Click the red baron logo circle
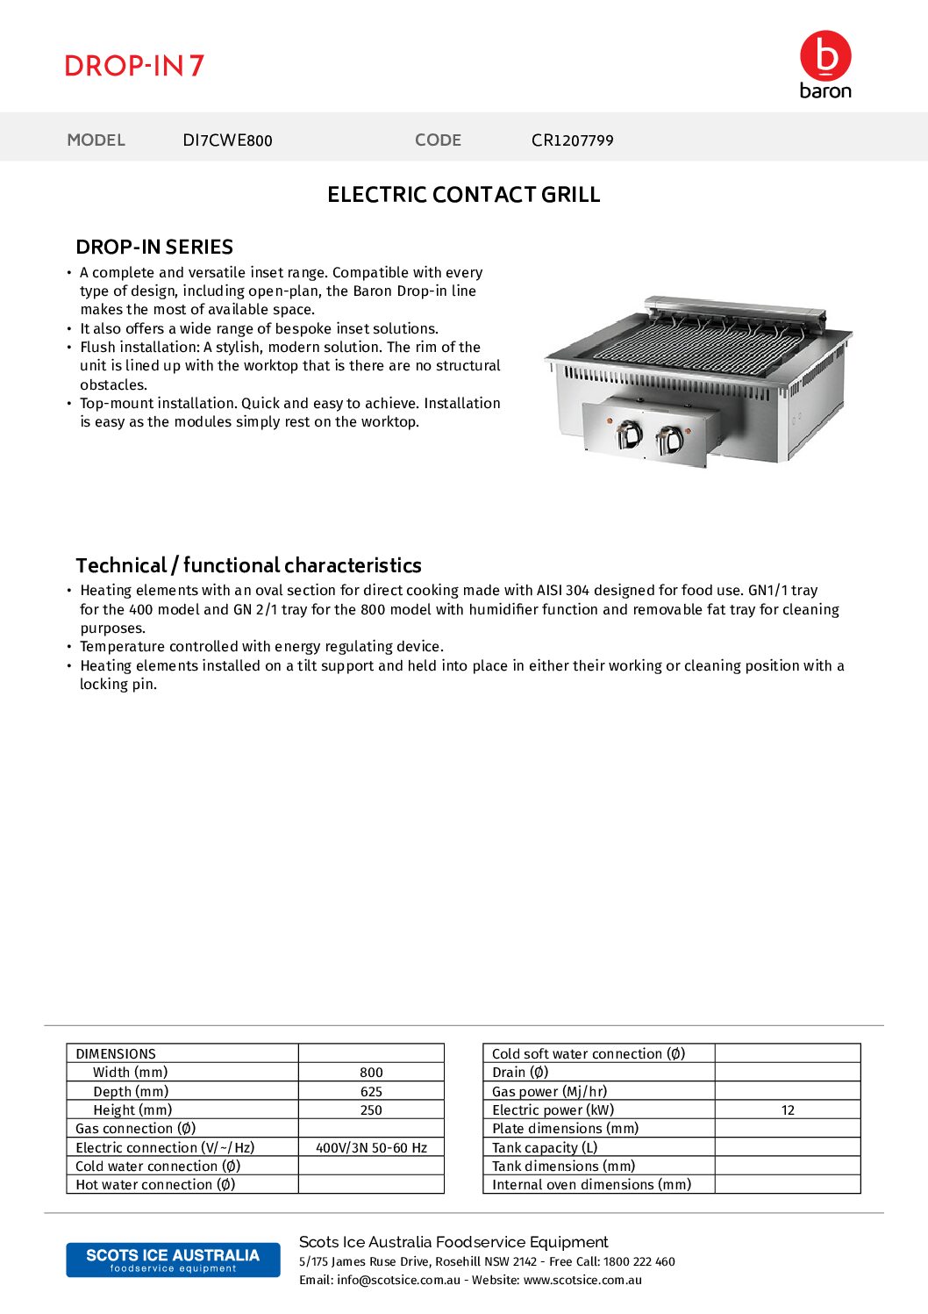pos(825,56)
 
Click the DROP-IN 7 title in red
pos(134,66)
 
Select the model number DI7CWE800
pos(227,140)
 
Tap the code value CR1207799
pos(572,140)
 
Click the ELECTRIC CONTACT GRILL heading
pos(463,195)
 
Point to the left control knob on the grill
pos(628,434)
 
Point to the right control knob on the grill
pos(670,438)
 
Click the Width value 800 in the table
pos(371,1073)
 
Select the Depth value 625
pos(371,1092)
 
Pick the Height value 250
pos(371,1110)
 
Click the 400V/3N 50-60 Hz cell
pos(371,1148)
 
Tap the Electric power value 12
pos(788,1110)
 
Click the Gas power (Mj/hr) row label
pos(549,1092)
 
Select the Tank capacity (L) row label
pos(545,1148)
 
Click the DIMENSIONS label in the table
pos(116,1054)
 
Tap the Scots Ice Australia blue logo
pos(173,1260)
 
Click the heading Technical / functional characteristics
pos(248,565)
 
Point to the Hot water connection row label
pos(155,1185)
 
